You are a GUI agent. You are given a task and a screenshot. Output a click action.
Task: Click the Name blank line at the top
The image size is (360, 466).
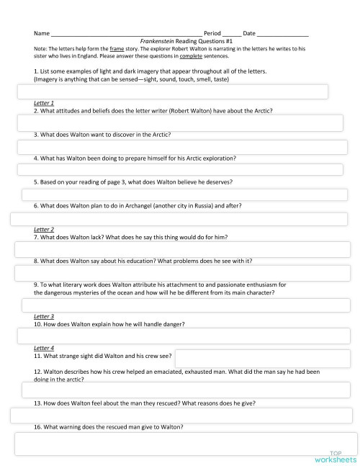point(126,34)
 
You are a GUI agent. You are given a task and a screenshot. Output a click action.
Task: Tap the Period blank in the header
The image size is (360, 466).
point(232,34)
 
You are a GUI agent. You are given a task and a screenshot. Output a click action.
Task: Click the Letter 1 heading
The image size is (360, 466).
point(44,103)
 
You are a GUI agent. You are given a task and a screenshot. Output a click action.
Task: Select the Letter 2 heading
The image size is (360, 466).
point(44,229)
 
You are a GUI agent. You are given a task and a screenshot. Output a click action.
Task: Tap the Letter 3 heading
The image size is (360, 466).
point(44,316)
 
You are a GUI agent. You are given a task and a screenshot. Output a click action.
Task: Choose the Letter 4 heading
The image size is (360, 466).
point(44,348)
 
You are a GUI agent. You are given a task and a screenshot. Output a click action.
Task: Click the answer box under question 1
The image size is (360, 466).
point(173,91)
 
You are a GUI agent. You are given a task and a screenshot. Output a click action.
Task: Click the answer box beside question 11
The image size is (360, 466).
point(264,357)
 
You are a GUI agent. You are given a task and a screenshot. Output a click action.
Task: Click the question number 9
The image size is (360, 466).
point(36,284)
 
